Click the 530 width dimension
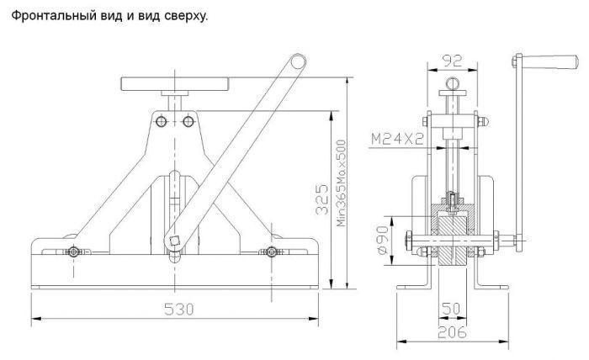click(x=178, y=309)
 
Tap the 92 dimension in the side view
click(x=454, y=61)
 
